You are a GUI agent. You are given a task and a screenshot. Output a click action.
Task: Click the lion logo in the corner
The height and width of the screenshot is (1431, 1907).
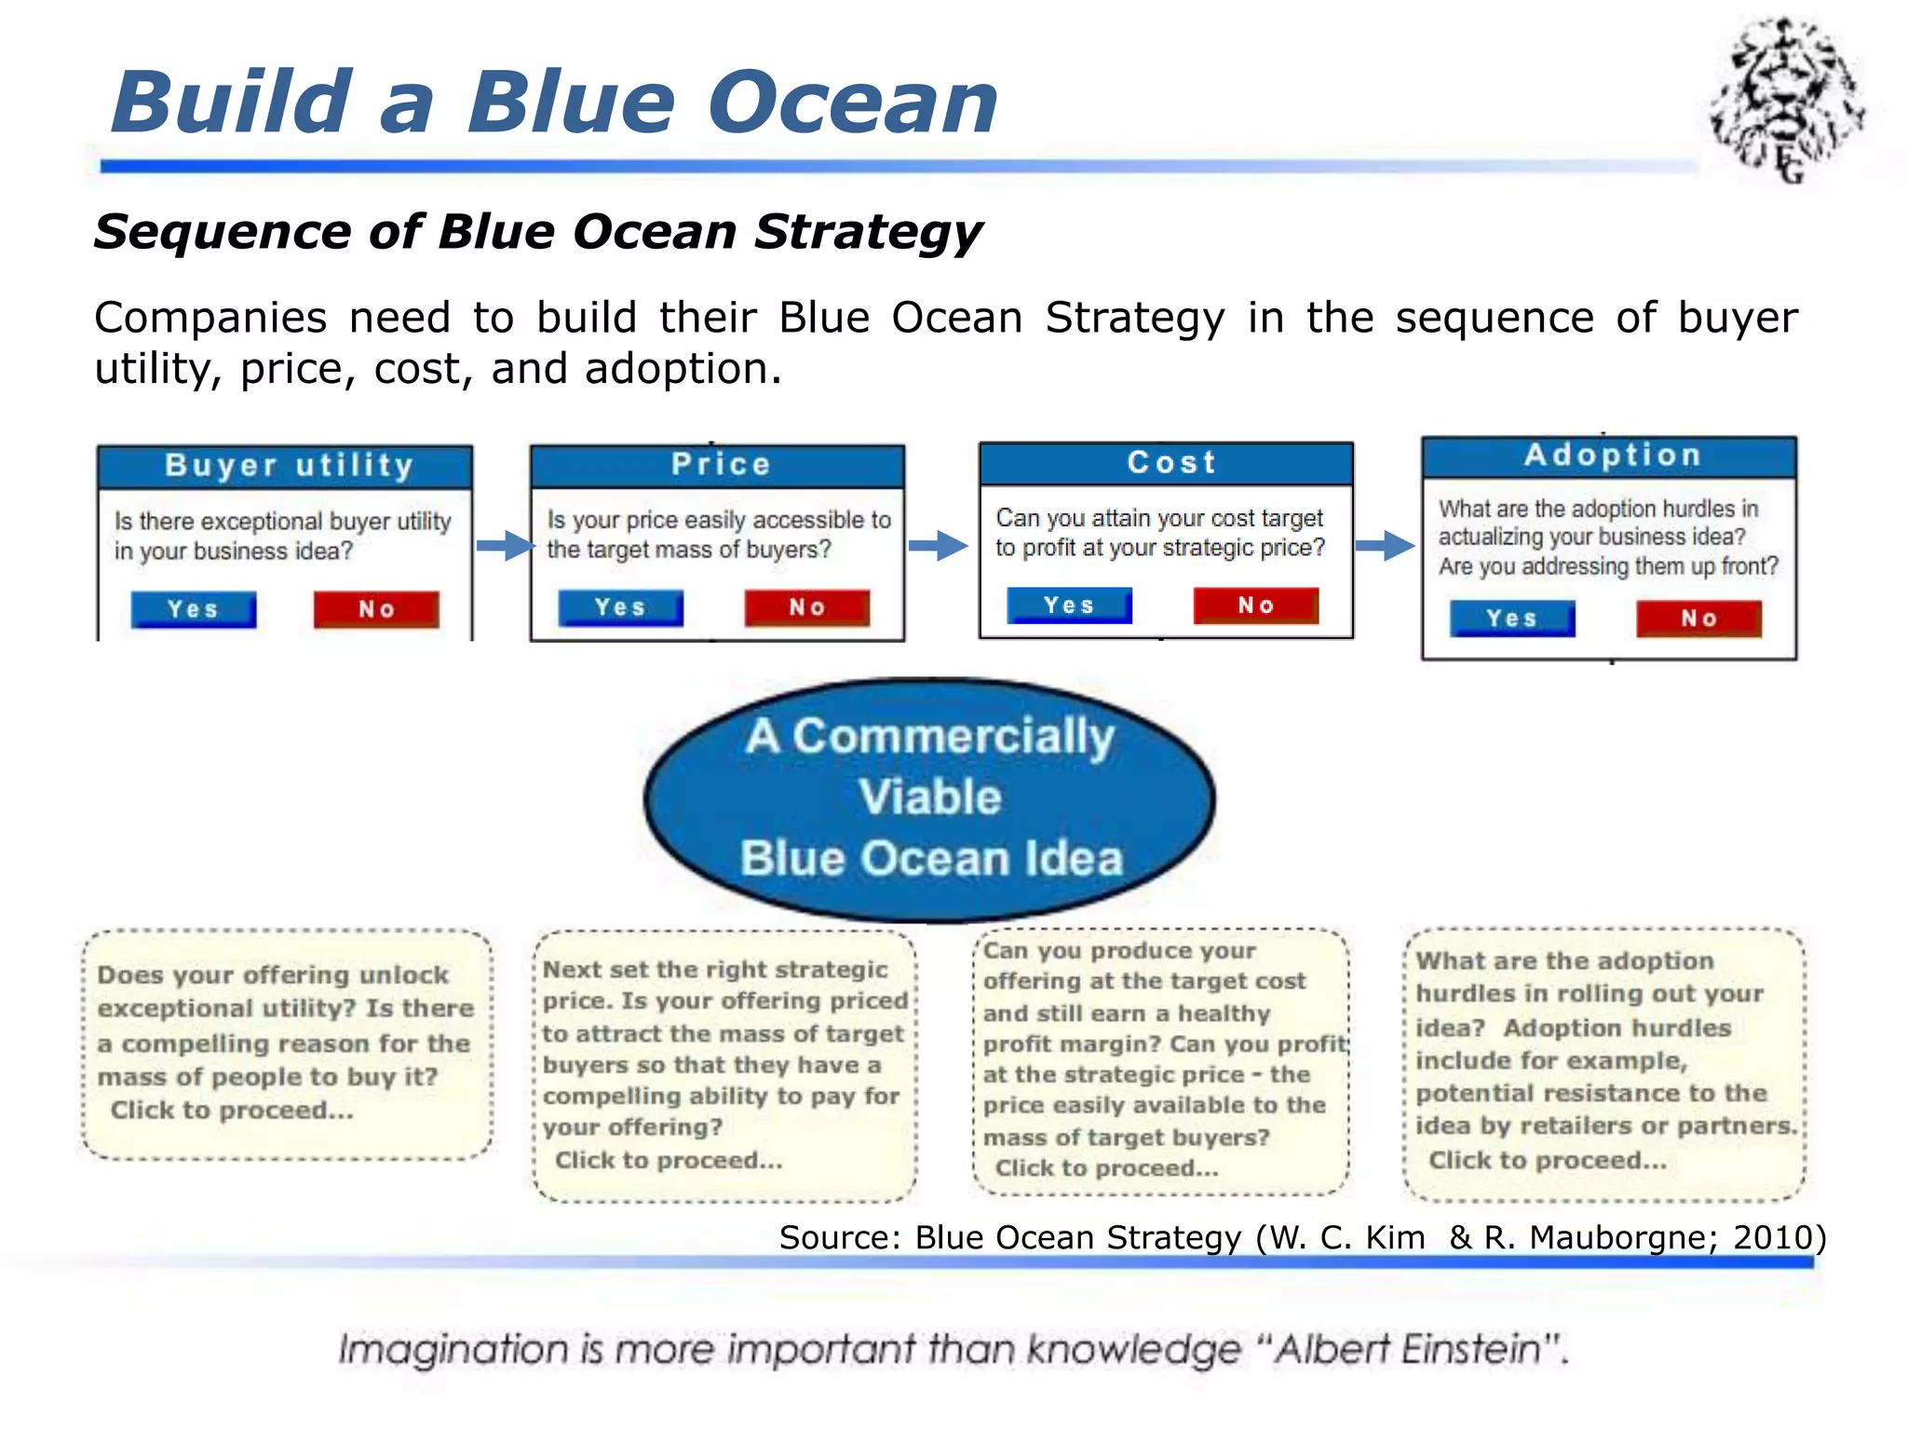point(1786,101)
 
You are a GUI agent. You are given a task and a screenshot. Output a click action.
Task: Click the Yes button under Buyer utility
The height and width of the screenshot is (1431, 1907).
point(194,609)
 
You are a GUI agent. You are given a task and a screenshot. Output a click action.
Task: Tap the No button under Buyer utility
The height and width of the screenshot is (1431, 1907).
point(376,609)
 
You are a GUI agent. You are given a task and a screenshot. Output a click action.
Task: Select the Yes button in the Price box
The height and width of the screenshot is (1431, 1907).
point(620,607)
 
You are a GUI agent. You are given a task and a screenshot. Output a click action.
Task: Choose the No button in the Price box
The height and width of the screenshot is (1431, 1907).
point(806,607)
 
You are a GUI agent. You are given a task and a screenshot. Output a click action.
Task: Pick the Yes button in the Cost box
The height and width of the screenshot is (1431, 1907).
point(1069,606)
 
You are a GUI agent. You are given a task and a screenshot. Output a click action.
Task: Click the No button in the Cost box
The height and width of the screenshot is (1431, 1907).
point(1256,606)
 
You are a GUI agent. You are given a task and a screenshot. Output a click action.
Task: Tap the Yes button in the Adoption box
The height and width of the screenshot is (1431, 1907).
point(1512,619)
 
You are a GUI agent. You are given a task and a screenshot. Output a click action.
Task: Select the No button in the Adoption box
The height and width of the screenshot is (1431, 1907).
point(1699,619)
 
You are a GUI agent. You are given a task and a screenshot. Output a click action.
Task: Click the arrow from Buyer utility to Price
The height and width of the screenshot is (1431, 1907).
point(505,545)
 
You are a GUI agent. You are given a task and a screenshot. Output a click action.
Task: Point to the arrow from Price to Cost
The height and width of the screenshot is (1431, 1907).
point(938,545)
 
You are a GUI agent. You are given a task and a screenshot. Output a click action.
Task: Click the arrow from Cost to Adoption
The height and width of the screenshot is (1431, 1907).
point(1385,545)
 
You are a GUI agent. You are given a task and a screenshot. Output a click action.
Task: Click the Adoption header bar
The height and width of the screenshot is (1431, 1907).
point(1609,456)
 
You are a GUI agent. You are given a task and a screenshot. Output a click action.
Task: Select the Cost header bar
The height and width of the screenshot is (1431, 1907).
point(1166,462)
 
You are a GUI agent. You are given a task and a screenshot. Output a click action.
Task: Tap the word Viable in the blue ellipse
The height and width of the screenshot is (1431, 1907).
point(929,797)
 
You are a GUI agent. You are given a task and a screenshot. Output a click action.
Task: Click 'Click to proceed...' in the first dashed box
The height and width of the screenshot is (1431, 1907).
point(232,1111)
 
